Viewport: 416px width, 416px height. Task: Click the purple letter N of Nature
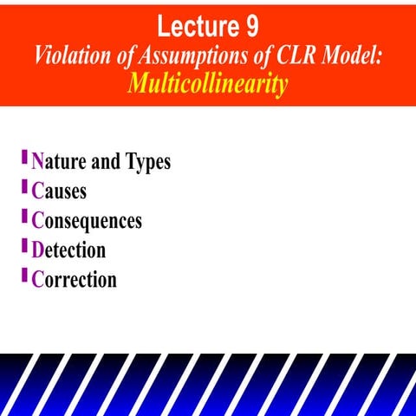[x=37, y=162]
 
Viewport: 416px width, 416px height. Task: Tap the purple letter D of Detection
[x=37, y=250]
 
